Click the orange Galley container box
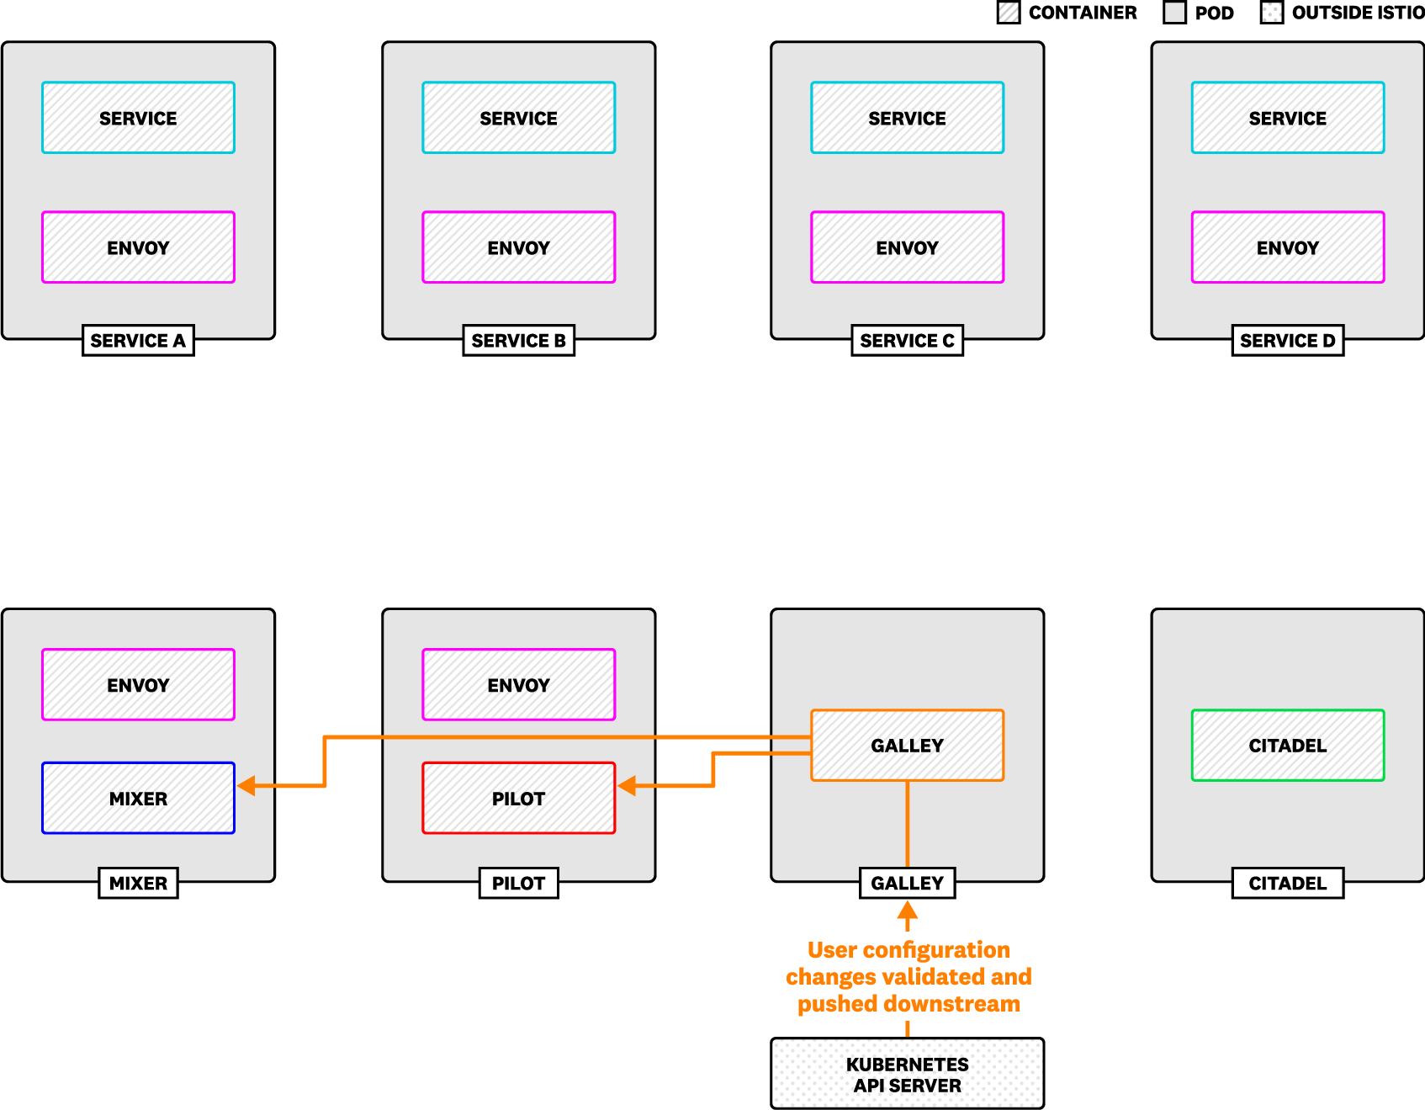pyautogui.click(x=907, y=746)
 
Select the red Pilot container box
pyautogui.click(x=518, y=799)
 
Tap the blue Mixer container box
pyautogui.click(x=138, y=799)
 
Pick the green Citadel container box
pyautogui.click(x=1287, y=746)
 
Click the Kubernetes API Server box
pyautogui.click(x=907, y=1074)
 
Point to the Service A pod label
pyautogui.click(x=138, y=341)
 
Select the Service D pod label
pyautogui.click(x=1287, y=341)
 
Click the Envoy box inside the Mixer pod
pyautogui.click(x=138, y=685)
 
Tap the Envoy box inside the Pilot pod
pyautogui.click(x=518, y=685)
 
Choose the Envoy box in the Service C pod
pyautogui.click(x=907, y=247)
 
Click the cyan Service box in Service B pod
pyautogui.click(x=518, y=118)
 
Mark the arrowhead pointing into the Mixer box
pyautogui.click(x=246, y=786)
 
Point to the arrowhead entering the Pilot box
pyautogui.click(x=627, y=786)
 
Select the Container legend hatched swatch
pyautogui.click(x=1008, y=13)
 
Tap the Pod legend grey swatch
pyautogui.click(x=1174, y=13)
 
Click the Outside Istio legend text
pyautogui.click(x=1358, y=13)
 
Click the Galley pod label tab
pyautogui.click(x=907, y=884)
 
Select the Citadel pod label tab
pyautogui.click(x=1287, y=884)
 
